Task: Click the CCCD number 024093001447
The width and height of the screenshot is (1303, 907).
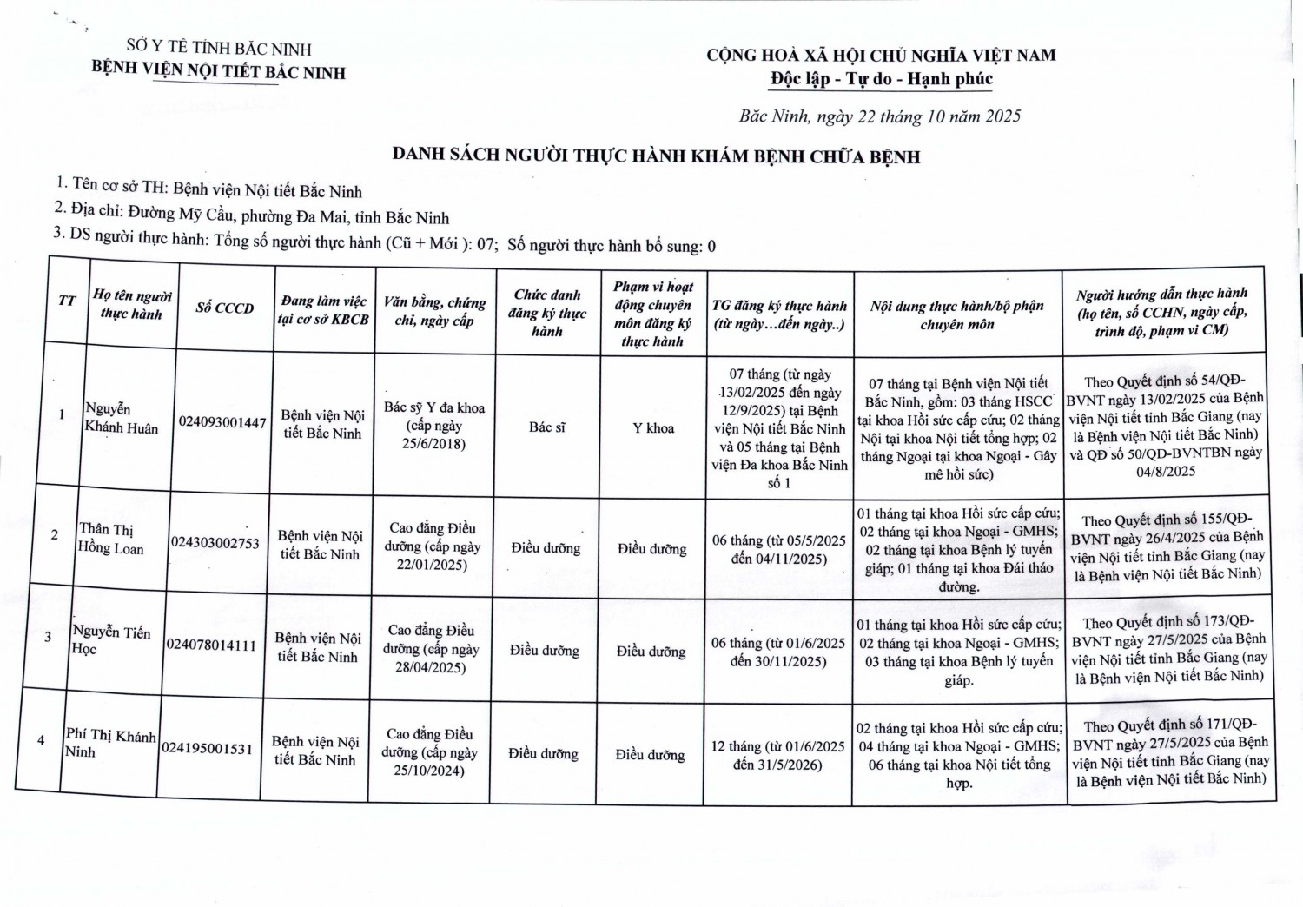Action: [x=222, y=422]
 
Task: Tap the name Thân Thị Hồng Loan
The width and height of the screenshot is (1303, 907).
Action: [x=111, y=539]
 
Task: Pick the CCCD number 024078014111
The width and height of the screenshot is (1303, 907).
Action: [x=211, y=645]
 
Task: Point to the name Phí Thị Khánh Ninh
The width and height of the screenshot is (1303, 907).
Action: [x=110, y=743]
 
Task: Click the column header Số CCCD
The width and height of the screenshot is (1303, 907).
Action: [x=224, y=308]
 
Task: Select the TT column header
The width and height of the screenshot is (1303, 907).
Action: [x=67, y=301]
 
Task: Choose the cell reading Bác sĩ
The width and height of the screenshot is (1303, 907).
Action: [x=547, y=427]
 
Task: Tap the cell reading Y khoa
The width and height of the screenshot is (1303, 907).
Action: [x=653, y=427]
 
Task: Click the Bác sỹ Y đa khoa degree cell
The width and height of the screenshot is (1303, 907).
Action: [x=433, y=426]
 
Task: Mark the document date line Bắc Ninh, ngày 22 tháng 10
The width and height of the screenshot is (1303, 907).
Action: [x=880, y=116]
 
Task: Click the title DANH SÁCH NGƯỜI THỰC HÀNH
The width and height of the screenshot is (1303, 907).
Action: [x=656, y=156]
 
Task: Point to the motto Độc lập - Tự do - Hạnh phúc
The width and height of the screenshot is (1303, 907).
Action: [x=881, y=79]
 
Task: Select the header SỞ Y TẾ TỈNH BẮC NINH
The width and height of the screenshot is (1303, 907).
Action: [x=218, y=49]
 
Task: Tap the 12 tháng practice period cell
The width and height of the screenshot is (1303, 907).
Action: [x=777, y=755]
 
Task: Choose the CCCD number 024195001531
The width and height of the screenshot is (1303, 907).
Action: [x=207, y=748]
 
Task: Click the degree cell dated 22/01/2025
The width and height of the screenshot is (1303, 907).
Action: [x=432, y=546]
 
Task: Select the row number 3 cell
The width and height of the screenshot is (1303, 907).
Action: [x=49, y=636]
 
